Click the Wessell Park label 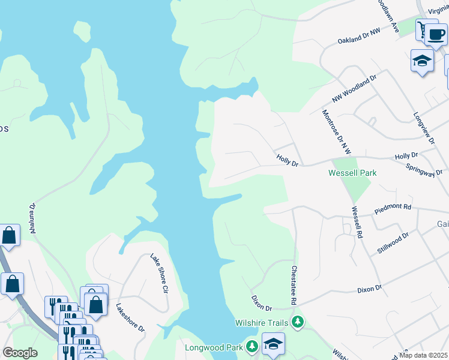coord(352,173)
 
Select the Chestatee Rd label coord(294,287)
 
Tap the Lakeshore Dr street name coord(130,317)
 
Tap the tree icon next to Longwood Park coord(252,347)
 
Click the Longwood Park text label coord(214,347)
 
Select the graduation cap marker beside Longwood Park coord(273,344)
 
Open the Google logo coord(20,353)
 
